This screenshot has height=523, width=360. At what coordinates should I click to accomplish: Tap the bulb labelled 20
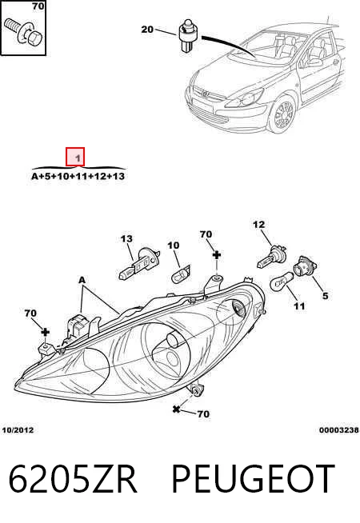[188, 35]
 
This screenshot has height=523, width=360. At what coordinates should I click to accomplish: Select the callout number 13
[126, 239]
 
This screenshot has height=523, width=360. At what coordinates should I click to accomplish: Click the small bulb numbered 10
[181, 273]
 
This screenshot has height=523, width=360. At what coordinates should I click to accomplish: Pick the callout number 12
[259, 225]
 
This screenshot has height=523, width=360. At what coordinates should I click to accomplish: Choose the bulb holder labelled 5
[305, 265]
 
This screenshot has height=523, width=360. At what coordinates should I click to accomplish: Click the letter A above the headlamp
[82, 280]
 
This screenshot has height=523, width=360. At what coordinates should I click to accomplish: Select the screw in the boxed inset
[23, 32]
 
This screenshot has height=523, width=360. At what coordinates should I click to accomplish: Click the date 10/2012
[18, 430]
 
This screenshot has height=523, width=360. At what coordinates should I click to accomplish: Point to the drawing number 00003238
[339, 430]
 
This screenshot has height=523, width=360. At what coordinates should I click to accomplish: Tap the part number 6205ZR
[73, 479]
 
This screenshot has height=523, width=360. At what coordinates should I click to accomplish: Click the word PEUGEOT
[253, 479]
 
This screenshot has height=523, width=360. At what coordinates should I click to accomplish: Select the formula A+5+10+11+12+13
[78, 176]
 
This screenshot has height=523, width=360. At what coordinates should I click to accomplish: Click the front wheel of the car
[282, 114]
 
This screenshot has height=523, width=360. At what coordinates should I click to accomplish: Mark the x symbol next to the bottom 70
[177, 409]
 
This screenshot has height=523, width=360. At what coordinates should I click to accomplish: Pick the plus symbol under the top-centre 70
[217, 255]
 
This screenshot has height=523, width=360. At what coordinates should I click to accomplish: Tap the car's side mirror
[313, 62]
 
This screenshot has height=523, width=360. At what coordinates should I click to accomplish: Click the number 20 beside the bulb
[147, 30]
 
